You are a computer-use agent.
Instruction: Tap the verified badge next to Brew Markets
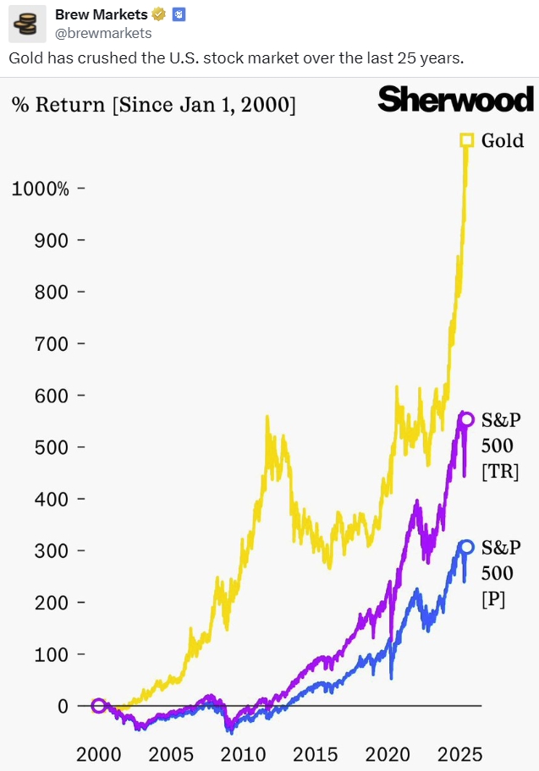click(157, 14)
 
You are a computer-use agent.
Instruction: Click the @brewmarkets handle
click(103, 33)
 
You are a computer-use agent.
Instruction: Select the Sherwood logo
click(456, 100)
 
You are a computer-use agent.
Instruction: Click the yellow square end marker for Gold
click(466, 139)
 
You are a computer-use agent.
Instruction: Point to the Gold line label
click(503, 140)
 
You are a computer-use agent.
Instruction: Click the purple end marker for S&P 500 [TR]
click(467, 418)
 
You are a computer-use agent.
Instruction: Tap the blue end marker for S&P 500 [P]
click(467, 547)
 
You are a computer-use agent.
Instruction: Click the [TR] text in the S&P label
click(500, 471)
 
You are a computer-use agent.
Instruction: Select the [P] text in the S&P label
click(494, 599)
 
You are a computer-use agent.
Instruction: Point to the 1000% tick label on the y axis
click(40, 189)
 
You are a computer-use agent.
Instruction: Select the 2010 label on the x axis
click(244, 753)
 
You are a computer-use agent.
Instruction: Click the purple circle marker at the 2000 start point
click(99, 706)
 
